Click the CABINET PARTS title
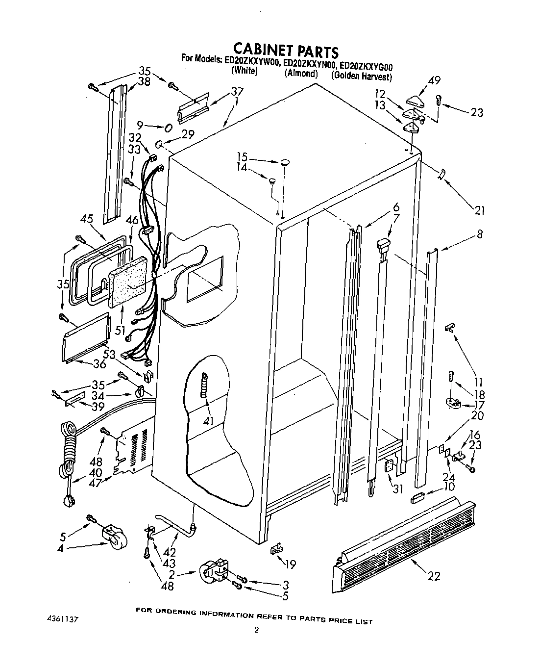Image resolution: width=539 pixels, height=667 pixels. click(x=285, y=50)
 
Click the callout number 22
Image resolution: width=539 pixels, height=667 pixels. click(x=433, y=576)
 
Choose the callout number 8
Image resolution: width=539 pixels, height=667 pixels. click(x=480, y=234)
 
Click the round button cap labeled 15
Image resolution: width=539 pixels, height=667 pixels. click(x=285, y=162)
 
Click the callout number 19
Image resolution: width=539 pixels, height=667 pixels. click(x=290, y=564)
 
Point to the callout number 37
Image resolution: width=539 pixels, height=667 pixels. click(x=237, y=91)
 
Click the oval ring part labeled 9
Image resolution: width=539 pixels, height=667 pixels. click(x=168, y=128)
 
